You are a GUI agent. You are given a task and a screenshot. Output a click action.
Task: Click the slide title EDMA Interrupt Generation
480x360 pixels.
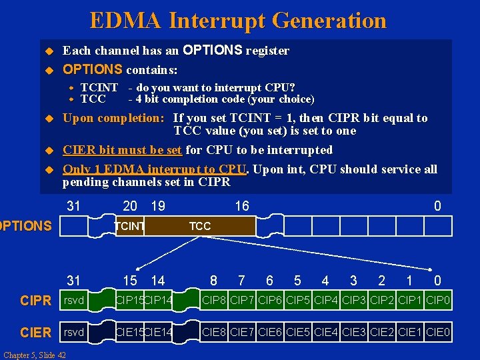tap(238, 21)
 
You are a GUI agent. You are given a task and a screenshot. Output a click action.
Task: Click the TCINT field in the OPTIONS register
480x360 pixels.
tap(129, 227)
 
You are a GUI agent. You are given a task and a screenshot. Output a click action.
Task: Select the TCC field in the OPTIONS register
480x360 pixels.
tap(200, 227)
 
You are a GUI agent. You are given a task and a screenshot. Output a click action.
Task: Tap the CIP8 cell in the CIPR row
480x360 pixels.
tap(215, 301)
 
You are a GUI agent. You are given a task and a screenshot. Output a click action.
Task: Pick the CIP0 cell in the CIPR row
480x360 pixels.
tap(438, 301)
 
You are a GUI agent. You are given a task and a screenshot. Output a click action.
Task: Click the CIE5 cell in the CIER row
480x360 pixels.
tap(298, 332)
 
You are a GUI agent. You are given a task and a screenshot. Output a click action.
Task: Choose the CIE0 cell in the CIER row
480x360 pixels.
tap(438, 332)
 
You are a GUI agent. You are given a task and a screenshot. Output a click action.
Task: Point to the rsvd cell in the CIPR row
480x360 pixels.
tap(74, 301)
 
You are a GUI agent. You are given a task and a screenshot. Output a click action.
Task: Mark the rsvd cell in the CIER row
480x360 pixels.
tap(74, 332)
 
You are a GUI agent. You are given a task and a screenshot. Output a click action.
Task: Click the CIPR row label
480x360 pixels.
tap(35, 301)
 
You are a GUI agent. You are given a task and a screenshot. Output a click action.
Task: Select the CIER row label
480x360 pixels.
tap(35, 332)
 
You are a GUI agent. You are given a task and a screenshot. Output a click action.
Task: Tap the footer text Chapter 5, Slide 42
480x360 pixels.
tap(34, 355)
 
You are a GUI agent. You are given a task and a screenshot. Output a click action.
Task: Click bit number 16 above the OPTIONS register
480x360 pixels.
tap(241, 206)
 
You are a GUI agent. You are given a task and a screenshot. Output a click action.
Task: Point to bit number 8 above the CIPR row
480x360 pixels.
tap(213, 281)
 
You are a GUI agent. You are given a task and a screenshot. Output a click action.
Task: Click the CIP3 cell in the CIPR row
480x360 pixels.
tap(354, 301)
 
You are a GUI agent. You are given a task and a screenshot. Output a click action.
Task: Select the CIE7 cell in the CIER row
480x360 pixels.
tap(243, 332)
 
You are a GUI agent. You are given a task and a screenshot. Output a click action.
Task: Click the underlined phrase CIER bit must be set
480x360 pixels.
tap(122, 150)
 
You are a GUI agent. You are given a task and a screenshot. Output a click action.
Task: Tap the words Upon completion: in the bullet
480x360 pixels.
tap(113, 118)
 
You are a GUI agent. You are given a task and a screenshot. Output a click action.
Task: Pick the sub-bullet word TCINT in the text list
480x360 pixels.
tap(99, 87)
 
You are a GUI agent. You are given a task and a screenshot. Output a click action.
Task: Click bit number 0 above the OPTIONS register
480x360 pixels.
tap(437, 206)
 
